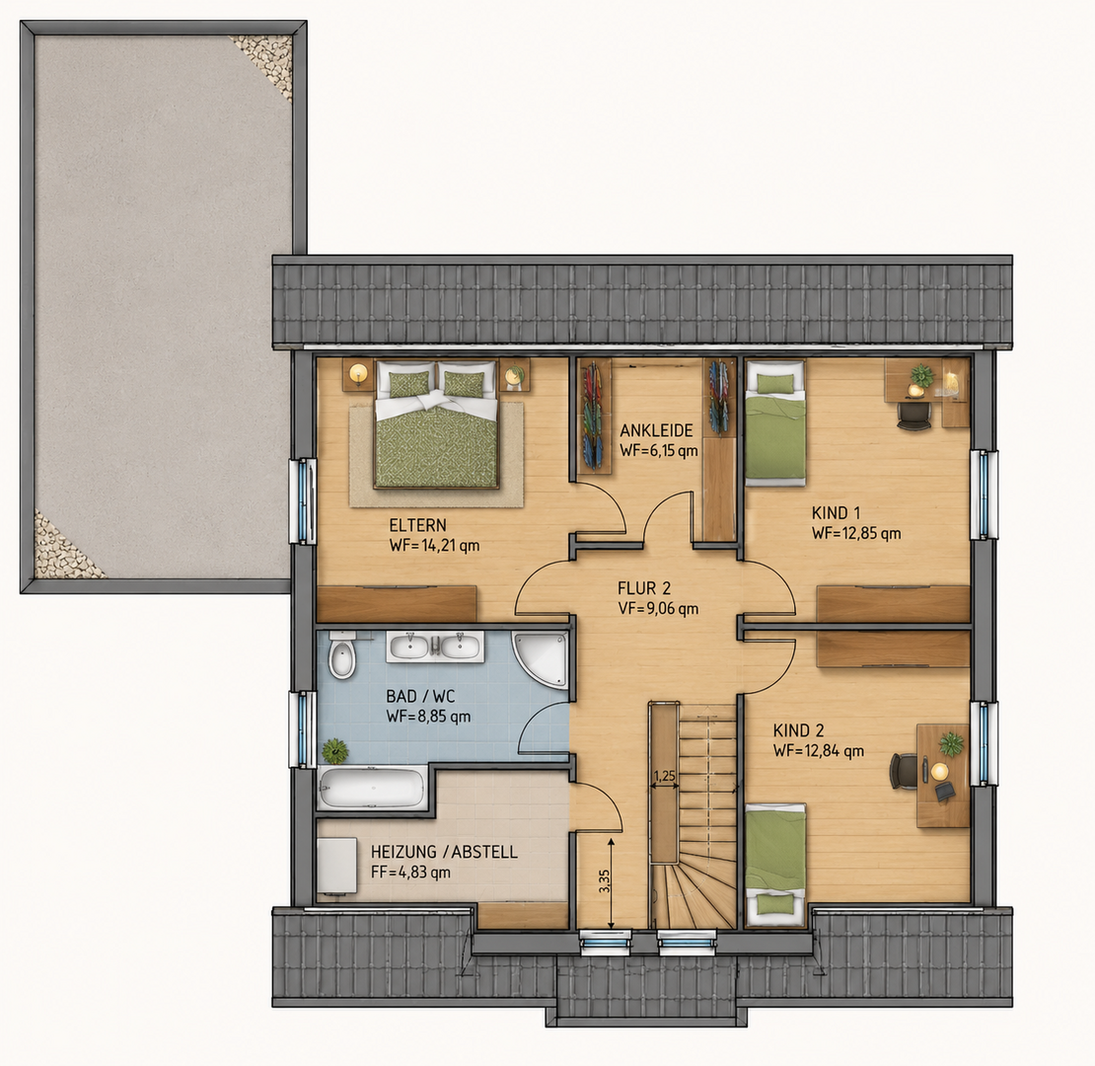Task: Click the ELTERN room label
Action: click(417, 525)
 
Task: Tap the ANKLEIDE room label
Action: click(656, 430)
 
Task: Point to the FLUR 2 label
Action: click(644, 588)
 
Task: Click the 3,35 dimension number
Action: click(605, 880)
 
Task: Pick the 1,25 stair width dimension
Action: click(664, 776)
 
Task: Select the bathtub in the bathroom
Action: click(372, 788)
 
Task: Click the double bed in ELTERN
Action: click(437, 424)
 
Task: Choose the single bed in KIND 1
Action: click(775, 422)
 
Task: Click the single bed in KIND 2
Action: click(775, 864)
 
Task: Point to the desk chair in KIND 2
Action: click(903, 771)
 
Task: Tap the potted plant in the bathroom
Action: click(335, 751)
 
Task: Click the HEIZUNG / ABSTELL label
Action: click(444, 852)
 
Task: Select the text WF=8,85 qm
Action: click(428, 717)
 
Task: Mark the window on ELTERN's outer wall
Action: click(304, 500)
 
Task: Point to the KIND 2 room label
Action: click(798, 730)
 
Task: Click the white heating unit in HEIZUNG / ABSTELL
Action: click(336, 867)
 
